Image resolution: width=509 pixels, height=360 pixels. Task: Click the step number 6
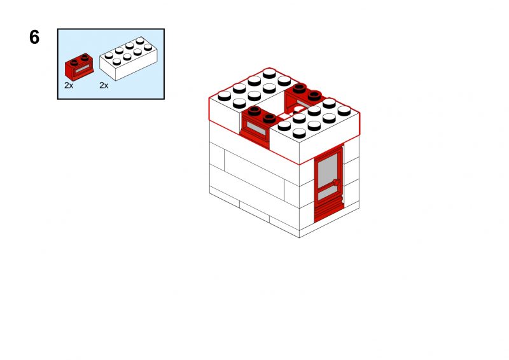point(34,37)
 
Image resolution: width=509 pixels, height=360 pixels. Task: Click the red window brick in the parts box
point(79,67)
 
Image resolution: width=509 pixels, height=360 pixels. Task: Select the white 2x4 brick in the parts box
point(129,59)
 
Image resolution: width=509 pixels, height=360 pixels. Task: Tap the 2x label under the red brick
point(69,85)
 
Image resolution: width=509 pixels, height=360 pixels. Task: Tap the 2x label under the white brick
point(104,85)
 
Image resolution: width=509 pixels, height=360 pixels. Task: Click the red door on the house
point(328,183)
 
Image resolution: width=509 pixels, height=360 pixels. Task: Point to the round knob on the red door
point(337,183)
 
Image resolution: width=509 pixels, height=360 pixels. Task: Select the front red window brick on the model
point(259,127)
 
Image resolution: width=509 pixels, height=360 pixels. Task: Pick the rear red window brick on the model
point(303,99)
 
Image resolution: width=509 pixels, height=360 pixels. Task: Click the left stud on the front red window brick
point(255,111)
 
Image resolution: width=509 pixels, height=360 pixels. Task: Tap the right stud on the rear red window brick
point(314,96)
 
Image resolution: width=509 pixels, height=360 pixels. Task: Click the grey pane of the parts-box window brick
point(82,70)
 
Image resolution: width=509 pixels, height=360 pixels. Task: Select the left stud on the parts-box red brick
point(74,62)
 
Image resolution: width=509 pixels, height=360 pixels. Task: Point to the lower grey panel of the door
point(328,194)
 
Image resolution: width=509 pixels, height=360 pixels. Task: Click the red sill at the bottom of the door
point(329,212)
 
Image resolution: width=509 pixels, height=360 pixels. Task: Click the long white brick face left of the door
point(254,174)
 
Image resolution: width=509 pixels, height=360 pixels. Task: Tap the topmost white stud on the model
point(269,73)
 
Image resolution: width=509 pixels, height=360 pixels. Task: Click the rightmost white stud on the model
point(344,111)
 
